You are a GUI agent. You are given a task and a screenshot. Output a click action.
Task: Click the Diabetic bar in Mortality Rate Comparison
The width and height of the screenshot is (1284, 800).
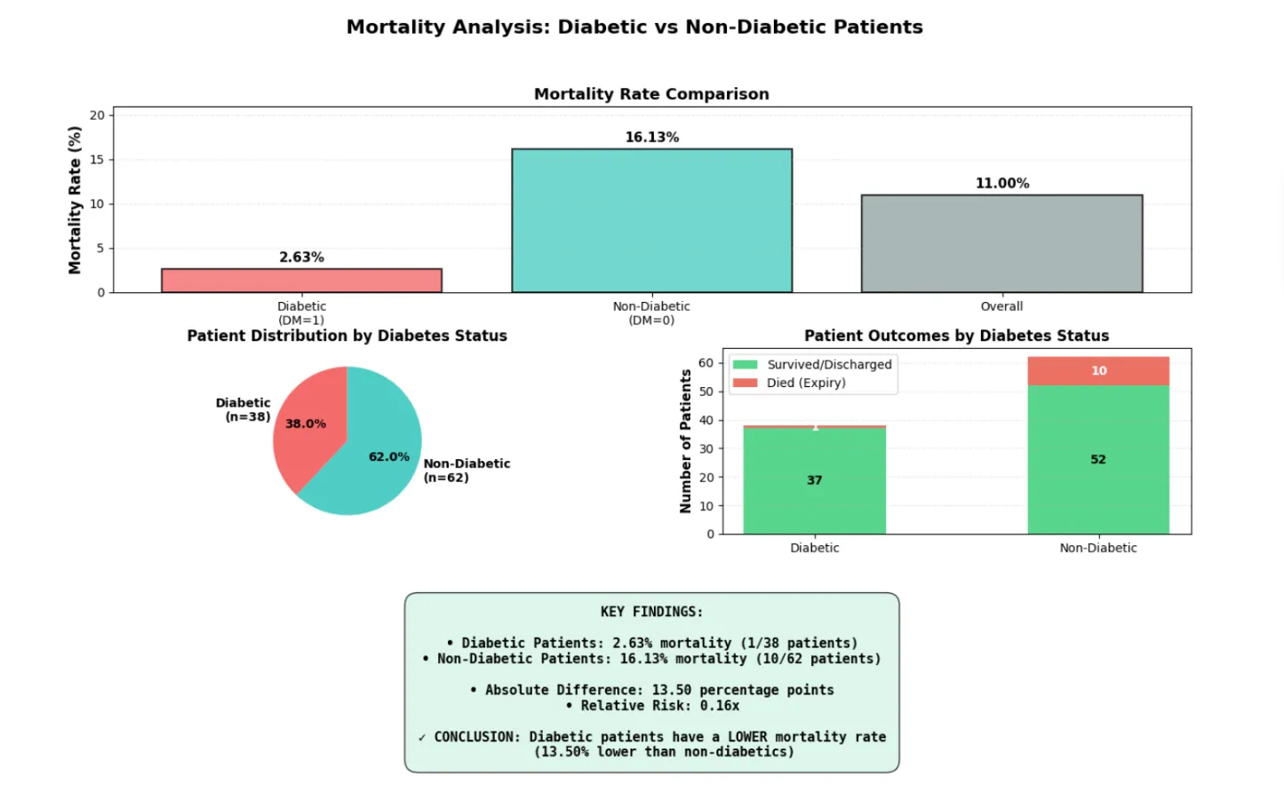coord(301,280)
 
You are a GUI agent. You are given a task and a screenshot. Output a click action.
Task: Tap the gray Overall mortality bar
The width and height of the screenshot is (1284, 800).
coord(1001,243)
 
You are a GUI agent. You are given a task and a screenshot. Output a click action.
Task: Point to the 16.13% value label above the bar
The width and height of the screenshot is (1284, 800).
coord(651,137)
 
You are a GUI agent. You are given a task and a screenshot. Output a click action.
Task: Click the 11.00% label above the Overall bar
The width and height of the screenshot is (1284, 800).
coord(1001,183)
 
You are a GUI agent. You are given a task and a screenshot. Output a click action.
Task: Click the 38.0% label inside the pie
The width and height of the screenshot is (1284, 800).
coord(305,424)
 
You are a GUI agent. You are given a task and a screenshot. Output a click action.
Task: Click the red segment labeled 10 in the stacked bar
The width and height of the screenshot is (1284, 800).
coord(1098,370)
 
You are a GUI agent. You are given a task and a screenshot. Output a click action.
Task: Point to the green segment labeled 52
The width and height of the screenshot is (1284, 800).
coord(1098,459)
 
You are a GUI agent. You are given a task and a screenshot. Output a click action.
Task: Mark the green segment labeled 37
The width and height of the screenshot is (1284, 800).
coord(814,480)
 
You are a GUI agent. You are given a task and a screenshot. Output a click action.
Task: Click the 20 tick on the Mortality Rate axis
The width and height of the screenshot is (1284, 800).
coord(97,115)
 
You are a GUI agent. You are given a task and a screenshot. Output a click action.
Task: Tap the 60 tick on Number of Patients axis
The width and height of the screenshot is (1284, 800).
coord(706,362)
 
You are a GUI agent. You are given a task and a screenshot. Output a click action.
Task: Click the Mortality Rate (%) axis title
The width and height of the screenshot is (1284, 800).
coord(75,200)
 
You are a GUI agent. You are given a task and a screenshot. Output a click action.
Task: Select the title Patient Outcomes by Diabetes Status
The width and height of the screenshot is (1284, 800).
coord(956,336)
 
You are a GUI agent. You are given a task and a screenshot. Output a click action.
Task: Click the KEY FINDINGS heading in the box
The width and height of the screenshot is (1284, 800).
coord(651,612)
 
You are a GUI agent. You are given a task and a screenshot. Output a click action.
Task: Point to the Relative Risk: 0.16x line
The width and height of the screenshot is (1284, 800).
coord(651,705)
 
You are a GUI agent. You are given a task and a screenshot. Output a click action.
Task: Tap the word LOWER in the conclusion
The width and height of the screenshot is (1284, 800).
coord(747,736)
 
